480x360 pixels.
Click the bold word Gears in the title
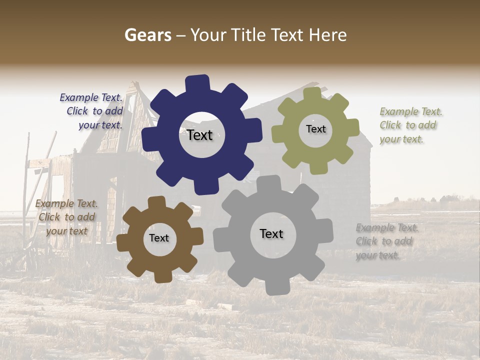coord(148,35)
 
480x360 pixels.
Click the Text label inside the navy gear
coord(200,135)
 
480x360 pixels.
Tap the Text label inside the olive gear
coord(316,129)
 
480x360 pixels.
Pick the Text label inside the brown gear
coord(159,238)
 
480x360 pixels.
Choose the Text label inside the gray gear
coord(271,234)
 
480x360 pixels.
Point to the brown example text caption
coord(66,217)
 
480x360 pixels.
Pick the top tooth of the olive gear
coord(312,93)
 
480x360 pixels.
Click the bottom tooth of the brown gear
coord(162,277)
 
